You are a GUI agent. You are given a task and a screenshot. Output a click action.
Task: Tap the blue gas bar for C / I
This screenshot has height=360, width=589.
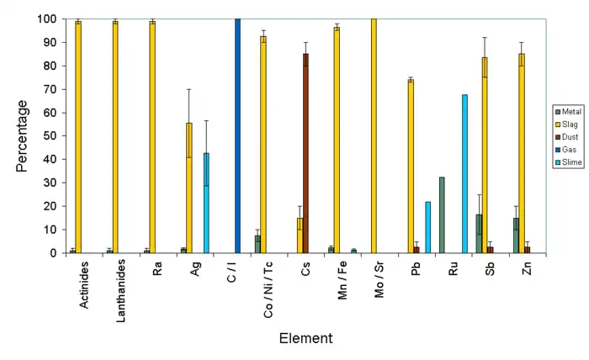pyautogui.click(x=237, y=135)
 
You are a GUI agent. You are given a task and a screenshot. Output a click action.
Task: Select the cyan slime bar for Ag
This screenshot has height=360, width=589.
pyautogui.click(x=206, y=203)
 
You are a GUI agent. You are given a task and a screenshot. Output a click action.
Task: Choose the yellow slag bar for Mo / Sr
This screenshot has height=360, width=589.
pyautogui.click(x=374, y=135)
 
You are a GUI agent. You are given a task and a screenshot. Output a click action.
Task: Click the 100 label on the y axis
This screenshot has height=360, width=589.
pyautogui.click(x=45, y=19)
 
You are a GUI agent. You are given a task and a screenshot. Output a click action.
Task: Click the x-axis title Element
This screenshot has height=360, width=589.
pyautogui.click(x=306, y=339)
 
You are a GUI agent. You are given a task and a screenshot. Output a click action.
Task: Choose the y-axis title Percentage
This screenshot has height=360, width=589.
pyautogui.click(x=23, y=135)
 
